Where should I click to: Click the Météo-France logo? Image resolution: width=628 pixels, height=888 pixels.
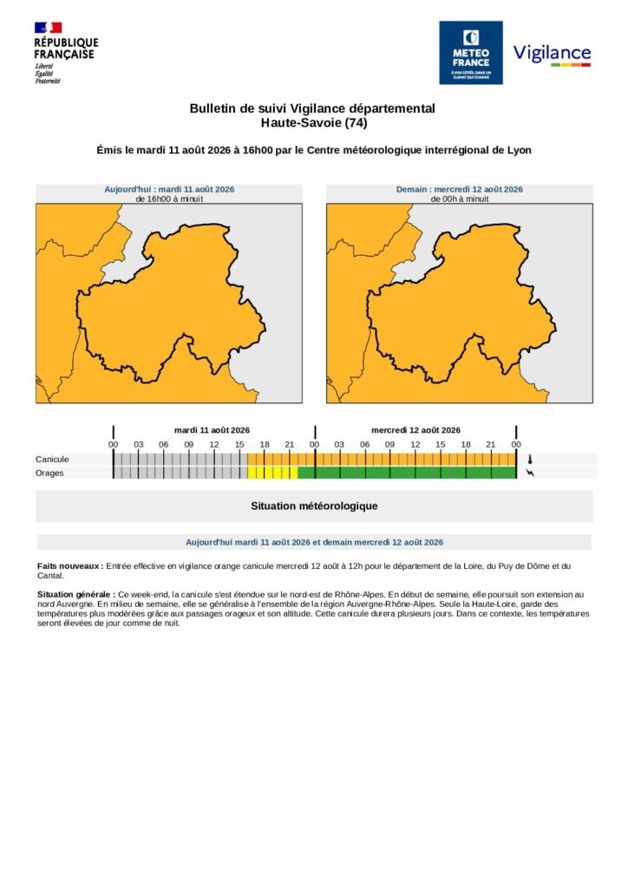pyautogui.click(x=471, y=53)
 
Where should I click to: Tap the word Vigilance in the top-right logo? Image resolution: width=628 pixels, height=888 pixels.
pyautogui.click(x=552, y=53)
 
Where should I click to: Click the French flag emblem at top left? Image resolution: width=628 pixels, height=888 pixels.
pyautogui.click(x=48, y=27)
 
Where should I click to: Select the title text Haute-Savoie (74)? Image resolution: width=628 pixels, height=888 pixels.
pyautogui.click(x=314, y=122)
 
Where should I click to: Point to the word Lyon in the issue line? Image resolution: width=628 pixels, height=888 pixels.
pyautogui.click(x=519, y=150)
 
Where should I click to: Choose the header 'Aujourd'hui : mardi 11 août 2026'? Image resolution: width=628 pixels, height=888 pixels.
pyautogui.click(x=169, y=189)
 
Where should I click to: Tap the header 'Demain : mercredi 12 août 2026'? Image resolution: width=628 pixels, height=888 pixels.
pyautogui.click(x=459, y=189)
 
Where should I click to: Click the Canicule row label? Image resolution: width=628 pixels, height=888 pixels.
pyautogui.click(x=52, y=460)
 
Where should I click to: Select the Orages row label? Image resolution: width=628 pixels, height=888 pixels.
pyautogui.click(x=49, y=473)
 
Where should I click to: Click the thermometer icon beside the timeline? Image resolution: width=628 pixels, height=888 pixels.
pyautogui.click(x=530, y=460)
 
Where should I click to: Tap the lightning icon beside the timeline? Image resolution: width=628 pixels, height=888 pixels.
pyautogui.click(x=530, y=473)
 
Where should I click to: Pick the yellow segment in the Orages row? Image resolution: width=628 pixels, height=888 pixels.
pyautogui.click(x=272, y=473)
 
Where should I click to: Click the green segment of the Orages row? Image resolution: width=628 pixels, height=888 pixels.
pyautogui.click(x=407, y=473)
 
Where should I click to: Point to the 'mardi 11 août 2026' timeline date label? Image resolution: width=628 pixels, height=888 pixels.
pyautogui.click(x=212, y=430)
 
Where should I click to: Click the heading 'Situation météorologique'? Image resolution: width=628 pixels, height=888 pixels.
pyautogui.click(x=314, y=506)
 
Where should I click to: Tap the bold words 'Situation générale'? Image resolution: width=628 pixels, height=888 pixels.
pyautogui.click(x=76, y=595)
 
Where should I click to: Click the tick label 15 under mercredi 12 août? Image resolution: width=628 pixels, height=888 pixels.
pyautogui.click(x=441, y=445)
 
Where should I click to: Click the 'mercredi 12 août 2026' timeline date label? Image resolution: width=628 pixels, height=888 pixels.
pyautogui.click(x=415, y=430)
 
